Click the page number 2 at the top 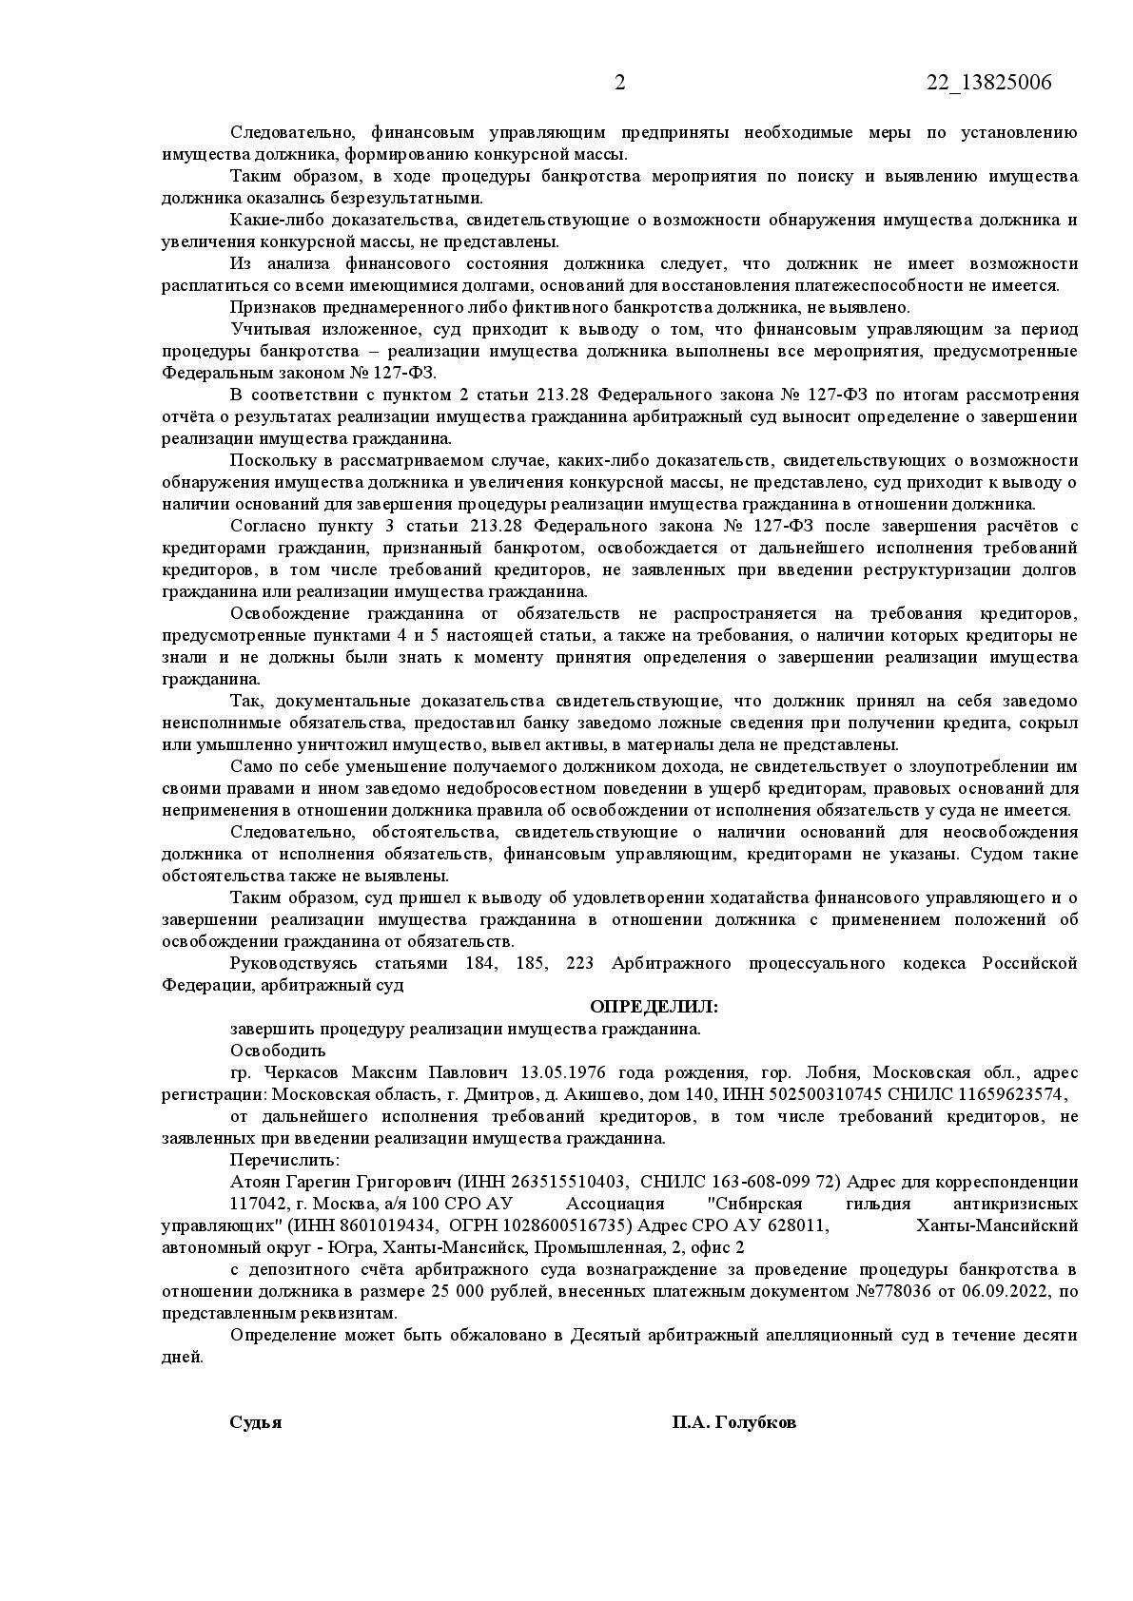point(619,83)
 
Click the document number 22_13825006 point(989,83)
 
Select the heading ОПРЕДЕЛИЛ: point(654,1006)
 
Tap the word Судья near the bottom point(255,1422)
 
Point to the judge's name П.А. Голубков point(733,1422)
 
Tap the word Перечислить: point(283,1160)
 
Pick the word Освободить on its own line point(278,1051)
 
